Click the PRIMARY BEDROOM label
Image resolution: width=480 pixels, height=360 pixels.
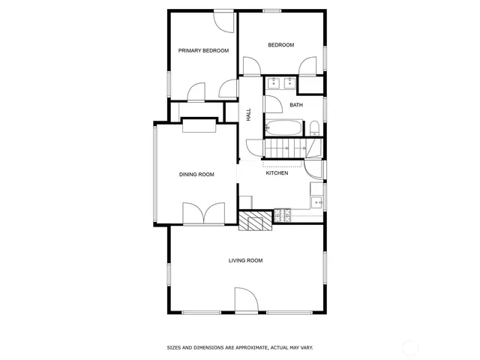[202, 51]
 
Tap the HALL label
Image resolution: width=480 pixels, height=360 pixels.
[248, 115]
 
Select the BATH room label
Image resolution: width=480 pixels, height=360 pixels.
[296, 105]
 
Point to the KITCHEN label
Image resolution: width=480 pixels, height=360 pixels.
[277, 173]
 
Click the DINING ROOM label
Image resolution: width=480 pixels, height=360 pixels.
[196, 175]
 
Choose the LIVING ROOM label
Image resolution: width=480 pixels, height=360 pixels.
[245, 260]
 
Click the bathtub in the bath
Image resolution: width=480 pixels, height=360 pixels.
[283, 128]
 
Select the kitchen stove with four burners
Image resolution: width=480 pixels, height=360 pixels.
[283, 217]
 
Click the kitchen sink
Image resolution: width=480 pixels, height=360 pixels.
[318, 201]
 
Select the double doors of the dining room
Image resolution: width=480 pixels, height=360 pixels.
[204, 214]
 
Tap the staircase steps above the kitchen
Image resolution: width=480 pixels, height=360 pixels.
[285, 148]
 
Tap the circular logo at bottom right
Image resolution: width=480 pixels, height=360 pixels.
[411, 347]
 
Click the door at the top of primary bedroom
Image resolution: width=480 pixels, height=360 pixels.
[223, 20]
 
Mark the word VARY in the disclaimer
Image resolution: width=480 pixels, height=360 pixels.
[306, 347]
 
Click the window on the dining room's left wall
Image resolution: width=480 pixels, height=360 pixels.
[155, 174]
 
